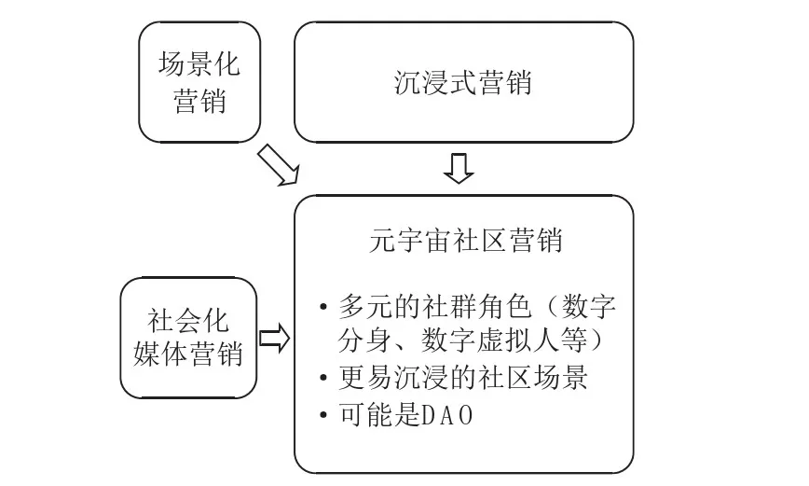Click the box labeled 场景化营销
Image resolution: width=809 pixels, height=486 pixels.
(199, 82)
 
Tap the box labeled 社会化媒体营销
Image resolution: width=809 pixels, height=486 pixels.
(189, 339)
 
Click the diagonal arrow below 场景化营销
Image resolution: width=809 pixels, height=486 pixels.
(281, 165)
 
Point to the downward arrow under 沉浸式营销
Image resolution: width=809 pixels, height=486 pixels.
(459, 169)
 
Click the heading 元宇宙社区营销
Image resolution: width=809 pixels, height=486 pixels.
(464, 241)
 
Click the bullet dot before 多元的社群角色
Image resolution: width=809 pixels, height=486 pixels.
(322, 306)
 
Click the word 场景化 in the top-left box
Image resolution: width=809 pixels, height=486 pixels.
(199, 65)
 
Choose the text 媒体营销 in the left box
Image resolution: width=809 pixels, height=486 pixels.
(189, 356)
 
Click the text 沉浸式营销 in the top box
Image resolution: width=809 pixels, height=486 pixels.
(463, 82)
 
